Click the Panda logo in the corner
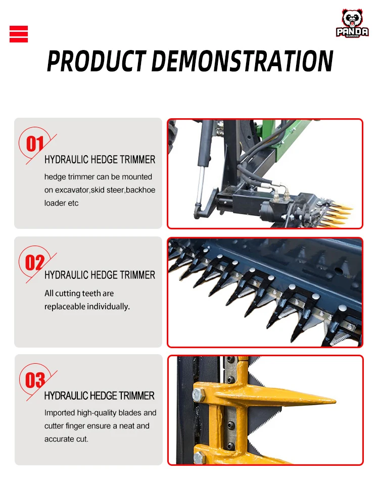coord(352,23)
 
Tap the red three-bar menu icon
coord(19,34)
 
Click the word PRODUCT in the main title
coord(96,61)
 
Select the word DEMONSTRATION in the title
coord(242,61)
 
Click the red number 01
coord(35,144)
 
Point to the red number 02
coord(35,263)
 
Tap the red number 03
coord(35,380)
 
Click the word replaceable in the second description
coord(64,307)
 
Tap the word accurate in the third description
coord(60,439)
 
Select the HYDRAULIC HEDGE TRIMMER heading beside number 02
coord(100,275)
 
